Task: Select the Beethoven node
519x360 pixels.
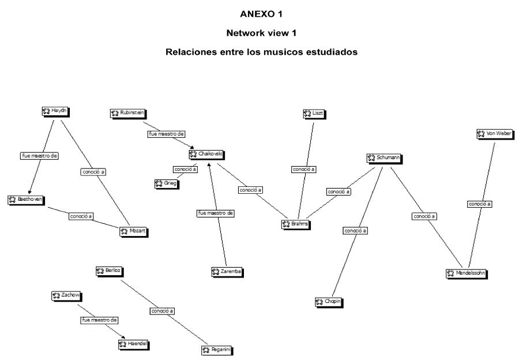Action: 26,199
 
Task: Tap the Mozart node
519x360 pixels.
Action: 134,231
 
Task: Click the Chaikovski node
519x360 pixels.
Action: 206,154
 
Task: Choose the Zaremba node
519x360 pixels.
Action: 227,271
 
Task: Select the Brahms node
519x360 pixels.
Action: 296,223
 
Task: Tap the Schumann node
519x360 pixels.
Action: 383,157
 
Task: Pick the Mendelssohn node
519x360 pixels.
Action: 467,273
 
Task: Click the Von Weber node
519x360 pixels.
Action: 494,133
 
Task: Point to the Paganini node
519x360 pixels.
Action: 217,350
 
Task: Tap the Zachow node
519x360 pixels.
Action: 66,295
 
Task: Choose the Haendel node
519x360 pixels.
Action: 133,344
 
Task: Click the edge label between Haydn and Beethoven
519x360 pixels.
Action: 40,155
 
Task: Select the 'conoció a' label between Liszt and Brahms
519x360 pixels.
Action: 303,169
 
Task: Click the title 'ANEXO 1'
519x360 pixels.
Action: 261,14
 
